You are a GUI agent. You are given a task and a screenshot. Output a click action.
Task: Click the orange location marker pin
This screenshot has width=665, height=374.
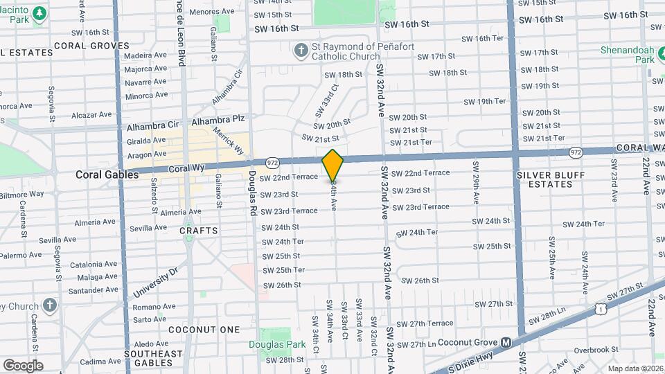tap(332, 166)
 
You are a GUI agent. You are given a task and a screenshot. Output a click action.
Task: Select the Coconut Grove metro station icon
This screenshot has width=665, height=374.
tap(506, 342)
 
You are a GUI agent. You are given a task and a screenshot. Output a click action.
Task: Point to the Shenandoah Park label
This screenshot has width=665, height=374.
tap(626, 55)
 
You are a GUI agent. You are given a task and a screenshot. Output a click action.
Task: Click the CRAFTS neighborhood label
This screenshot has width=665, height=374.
tap(199, 230)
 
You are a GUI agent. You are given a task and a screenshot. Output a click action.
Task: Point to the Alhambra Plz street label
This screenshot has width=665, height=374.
tap(219, 119)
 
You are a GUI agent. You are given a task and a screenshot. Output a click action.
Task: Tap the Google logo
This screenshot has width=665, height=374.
tap(23, 365)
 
